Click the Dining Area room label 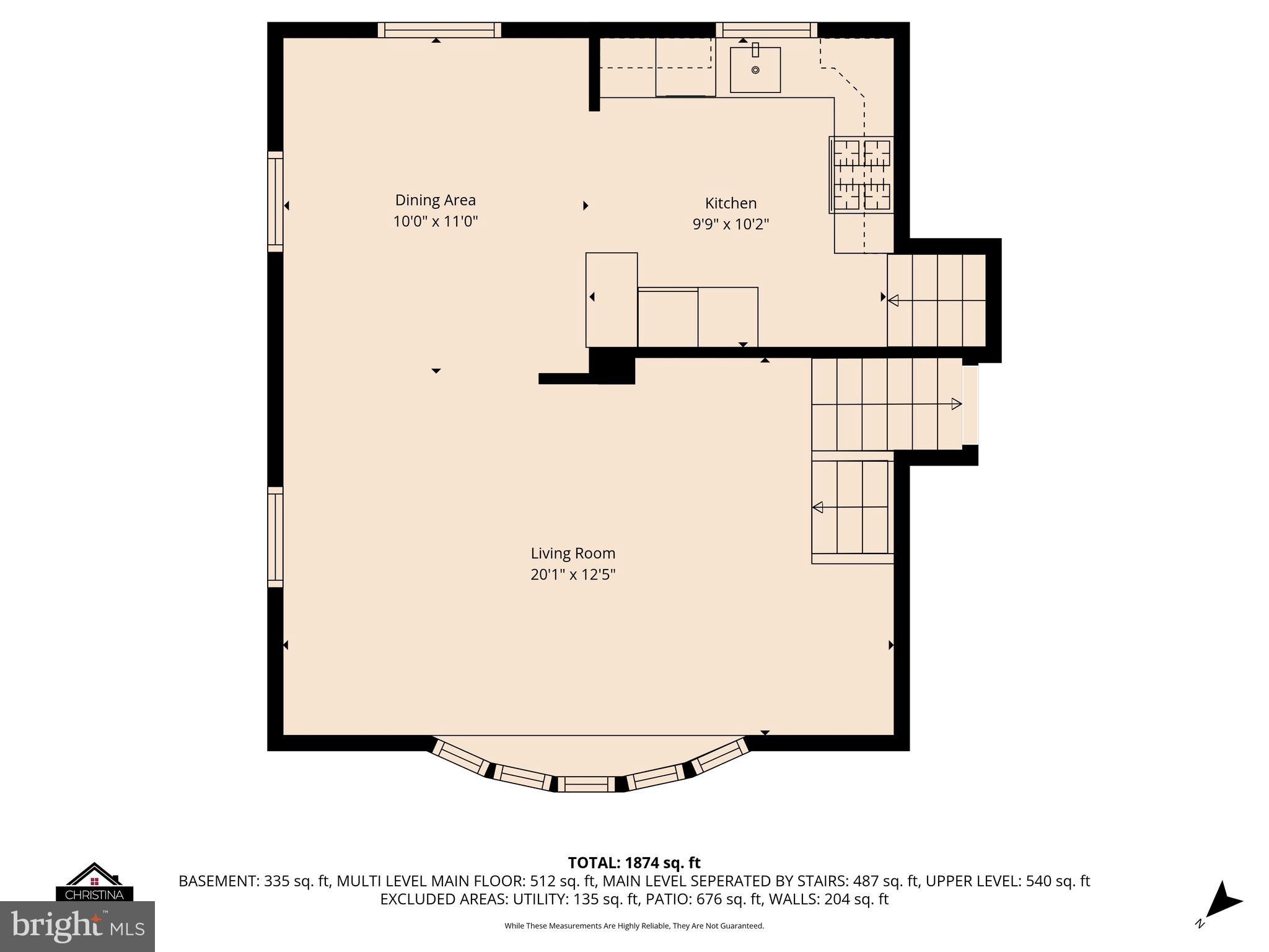pos(435,200)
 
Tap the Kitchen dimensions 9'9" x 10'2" pos(731,224)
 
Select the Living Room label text pos(573,553)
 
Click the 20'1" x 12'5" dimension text pos(573,575)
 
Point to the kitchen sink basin pos(755,70)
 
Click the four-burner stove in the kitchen pos(861,175)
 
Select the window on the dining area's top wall pos(439,30)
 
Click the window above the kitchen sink pos(766,30)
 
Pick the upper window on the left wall pos(275,201)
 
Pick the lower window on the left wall pos(275,537)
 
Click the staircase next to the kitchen pos(936,301)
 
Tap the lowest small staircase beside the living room pos(851,508)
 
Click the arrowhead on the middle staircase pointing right pos(956,404)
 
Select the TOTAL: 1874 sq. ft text pos(634,863)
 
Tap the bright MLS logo pos(77,926)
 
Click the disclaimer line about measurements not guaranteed pos(634,926)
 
